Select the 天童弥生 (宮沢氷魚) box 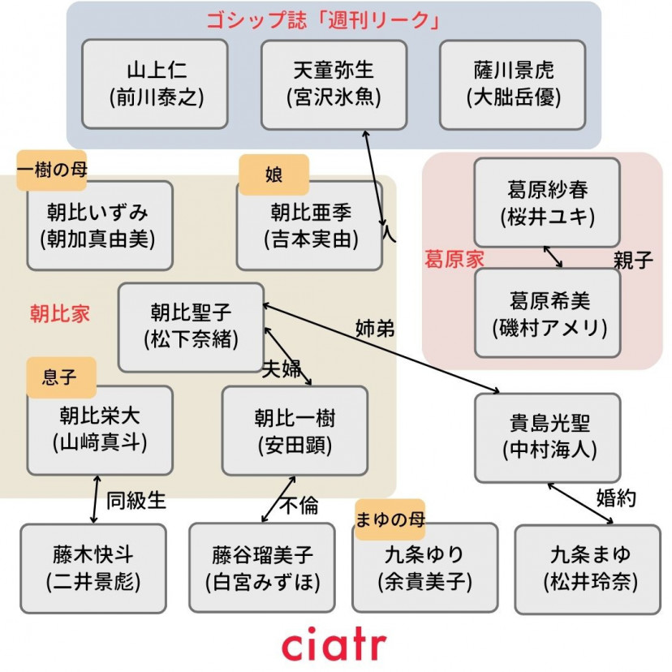coord(334,84)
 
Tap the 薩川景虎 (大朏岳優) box coord(513,84)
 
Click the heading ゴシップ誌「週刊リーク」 coord(334,21)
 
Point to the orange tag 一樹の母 coord(51,169)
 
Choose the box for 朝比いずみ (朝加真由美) coord(100,226)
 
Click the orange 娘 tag coord(274,174)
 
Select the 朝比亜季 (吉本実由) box coord(309,226)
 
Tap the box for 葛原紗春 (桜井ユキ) coord(547,203)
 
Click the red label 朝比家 coord(60,314)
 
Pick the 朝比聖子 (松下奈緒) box coord(191,326)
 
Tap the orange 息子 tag coord(60,377)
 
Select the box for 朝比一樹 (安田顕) coord(295,430)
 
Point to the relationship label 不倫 coord(299,505)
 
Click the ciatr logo coord(334,645)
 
